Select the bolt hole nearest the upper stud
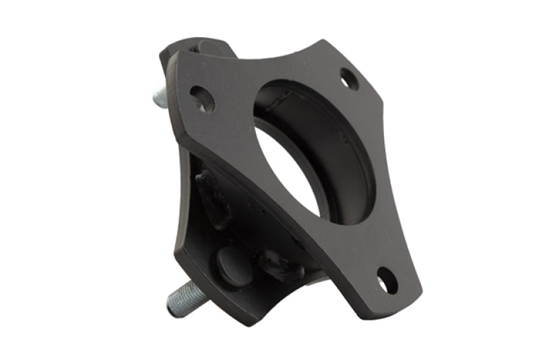(202, 99)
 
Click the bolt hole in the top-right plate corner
(349, 79)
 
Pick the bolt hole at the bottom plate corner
(387, 280)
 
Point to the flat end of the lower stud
(170, 309)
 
